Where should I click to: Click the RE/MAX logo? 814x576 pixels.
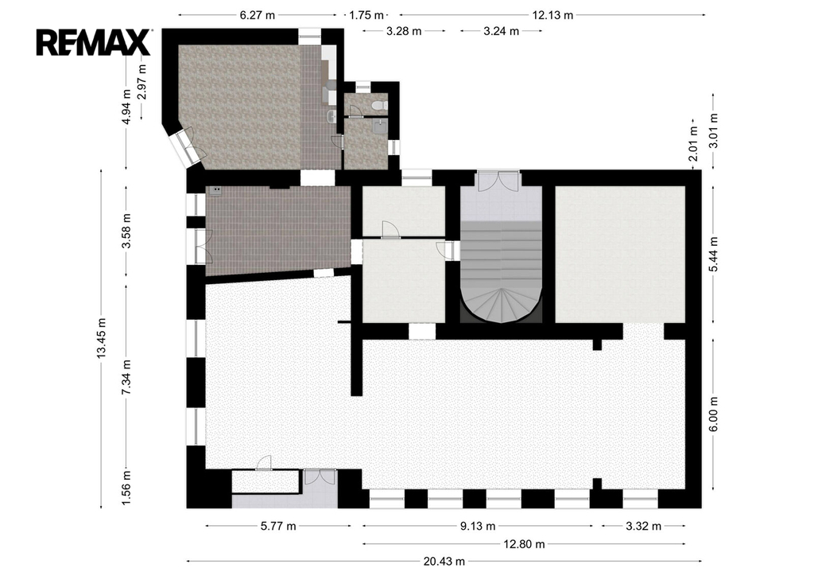pos(94,42)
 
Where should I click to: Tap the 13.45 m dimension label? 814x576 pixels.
pos(101,338)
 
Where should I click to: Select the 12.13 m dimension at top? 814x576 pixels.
pos(553,15)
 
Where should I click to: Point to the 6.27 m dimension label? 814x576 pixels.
pos(258,15)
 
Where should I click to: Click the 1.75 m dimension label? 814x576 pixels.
pos(366,15)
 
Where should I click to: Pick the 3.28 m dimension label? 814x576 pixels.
pos(404,31)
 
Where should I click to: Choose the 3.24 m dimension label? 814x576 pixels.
pos(502,31)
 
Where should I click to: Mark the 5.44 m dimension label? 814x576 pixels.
pos(714,254)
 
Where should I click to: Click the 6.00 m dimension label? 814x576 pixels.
pos(714,414)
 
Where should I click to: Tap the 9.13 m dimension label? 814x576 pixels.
pos(478,526)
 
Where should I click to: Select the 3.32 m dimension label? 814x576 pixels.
pos(644,526)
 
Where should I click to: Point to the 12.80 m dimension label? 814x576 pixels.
pos(525,544)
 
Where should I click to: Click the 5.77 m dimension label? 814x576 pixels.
pos(278,526)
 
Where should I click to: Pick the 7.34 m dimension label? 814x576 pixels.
pos(126,376)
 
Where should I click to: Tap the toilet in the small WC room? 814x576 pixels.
pos(380,106)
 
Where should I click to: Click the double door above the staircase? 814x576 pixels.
pos(498,181)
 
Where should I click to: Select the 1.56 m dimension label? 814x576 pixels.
pos(126,486)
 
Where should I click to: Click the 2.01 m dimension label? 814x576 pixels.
pos(694,144)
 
